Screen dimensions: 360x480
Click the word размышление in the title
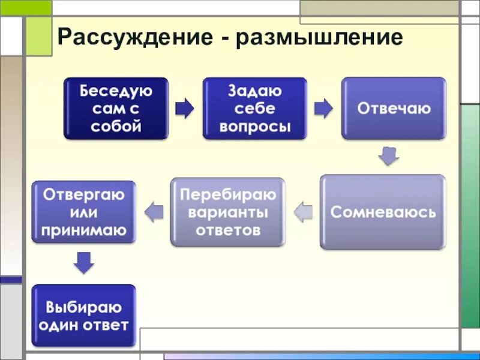click(320, 38)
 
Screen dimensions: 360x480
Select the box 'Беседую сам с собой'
click(116, 109)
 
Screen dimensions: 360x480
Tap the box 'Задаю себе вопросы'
click(255, 109)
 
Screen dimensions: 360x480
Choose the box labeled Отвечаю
click(394, 109)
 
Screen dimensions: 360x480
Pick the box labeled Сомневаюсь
click(383, 212)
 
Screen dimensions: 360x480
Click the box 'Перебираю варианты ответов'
click(228, 212)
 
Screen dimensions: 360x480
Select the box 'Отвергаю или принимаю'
click(83, 212)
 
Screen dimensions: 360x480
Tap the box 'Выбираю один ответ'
click(83, 316)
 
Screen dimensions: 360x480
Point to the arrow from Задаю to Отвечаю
click(323, 108)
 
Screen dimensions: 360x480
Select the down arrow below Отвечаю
click(389, 157)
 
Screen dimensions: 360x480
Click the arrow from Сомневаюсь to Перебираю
click(304, 211)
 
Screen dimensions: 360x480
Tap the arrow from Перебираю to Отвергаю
click(155, 211)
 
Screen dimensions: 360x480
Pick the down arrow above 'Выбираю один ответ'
click(83, 263)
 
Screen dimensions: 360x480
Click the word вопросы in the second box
click(255, 127)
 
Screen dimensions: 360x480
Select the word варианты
click(228, 212)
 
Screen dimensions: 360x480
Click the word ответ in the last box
click(107, 326)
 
